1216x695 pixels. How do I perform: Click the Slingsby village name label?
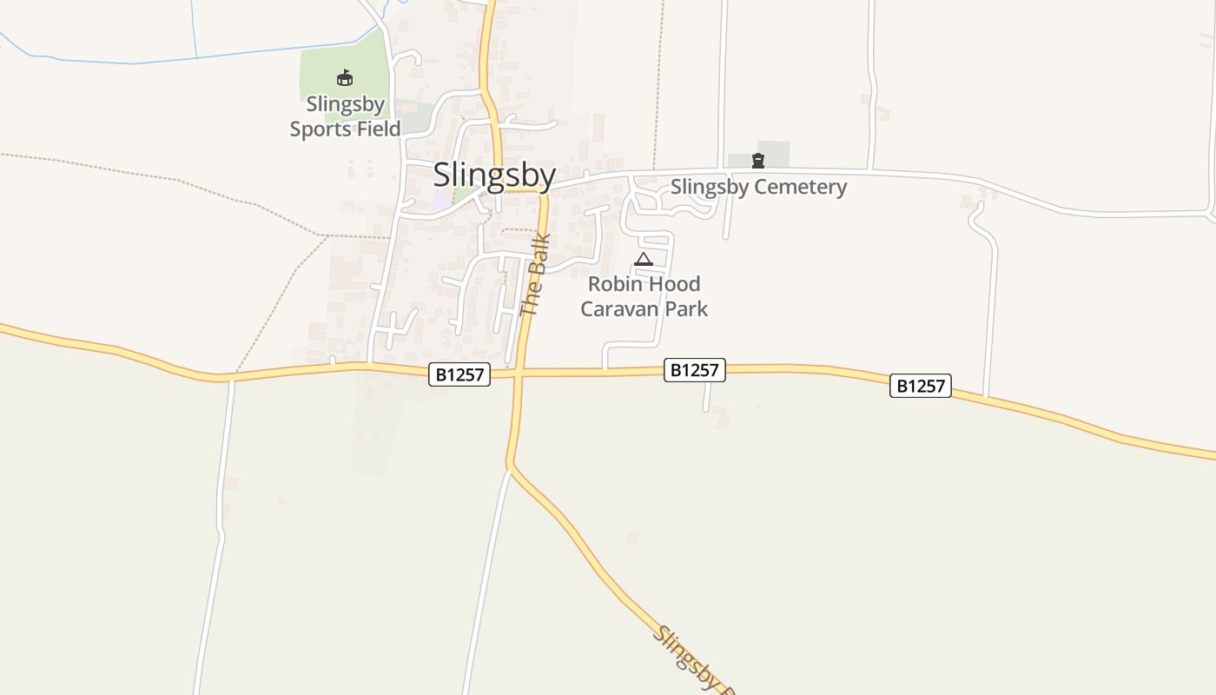[494, 175]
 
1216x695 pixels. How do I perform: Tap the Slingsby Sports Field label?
[345, 116]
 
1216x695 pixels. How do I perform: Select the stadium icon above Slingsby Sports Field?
[345, 78]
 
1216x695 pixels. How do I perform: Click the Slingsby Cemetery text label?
[758, 187]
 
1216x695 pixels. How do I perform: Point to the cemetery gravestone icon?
[758, 160]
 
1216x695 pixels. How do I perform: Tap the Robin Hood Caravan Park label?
[644, 296]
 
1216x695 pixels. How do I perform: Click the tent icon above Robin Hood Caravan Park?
[643, 259]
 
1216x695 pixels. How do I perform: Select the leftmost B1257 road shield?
[459, 374]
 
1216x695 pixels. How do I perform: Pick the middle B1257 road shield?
[694, 370]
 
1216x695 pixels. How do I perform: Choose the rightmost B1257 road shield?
[921, 386]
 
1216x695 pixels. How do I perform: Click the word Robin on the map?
[613, 284]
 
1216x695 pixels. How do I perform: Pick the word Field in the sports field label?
[377, 129]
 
